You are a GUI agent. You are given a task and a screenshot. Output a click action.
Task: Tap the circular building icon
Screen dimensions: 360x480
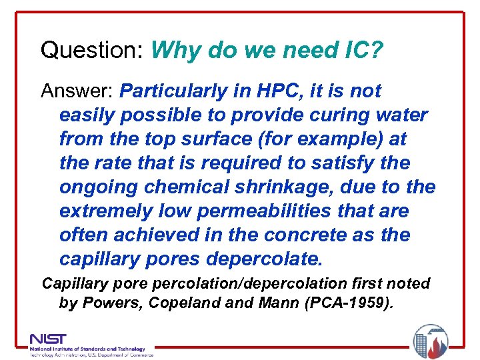tap(430, 341)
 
